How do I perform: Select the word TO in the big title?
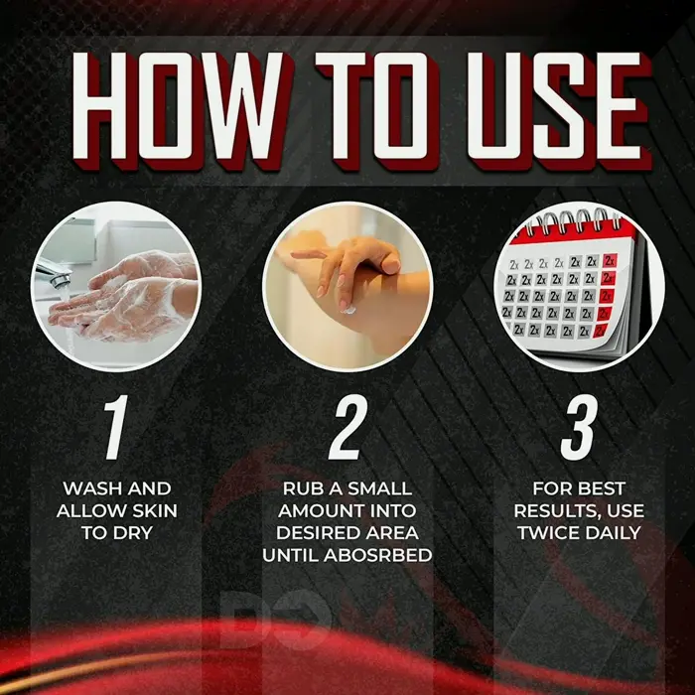pyautogui.click(x=377, y=108)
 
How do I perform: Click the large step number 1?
pyautogui.click(x=116, y=427)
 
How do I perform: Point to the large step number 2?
pyautogui.click(x=347, y=427)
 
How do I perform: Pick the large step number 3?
pyautogui.click(x=579, y=427)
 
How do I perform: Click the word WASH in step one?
pyautogui.click(x=91, y=488)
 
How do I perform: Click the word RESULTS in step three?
pyautogui.click(x=558, y=511)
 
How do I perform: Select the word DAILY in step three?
pyautogui.click(x=613, y=533)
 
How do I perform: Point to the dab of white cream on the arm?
pyautogui.click(x=349, y=310)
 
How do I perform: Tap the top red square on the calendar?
pyautogui.click(x=611, y=260)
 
